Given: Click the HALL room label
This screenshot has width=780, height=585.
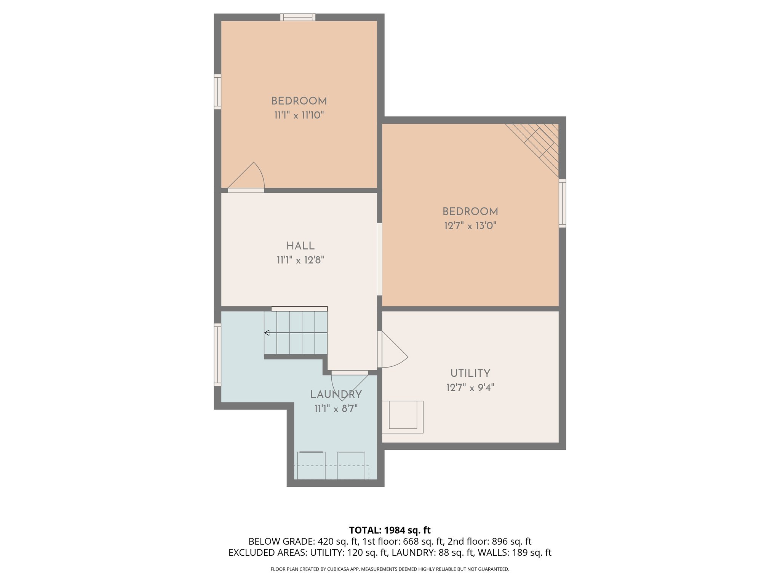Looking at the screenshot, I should coord(300,246).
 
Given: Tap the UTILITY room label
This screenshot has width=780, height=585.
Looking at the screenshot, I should coord(470,373).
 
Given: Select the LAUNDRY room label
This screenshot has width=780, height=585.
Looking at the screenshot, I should coord(336,395).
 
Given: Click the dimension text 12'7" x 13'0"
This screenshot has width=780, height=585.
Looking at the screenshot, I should coord(470,226).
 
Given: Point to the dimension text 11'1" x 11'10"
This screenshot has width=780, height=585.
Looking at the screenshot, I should coord(299,115).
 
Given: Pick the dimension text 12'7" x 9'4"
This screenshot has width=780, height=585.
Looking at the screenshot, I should coord(470,388).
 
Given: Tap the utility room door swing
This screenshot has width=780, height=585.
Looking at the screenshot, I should coord(394,350).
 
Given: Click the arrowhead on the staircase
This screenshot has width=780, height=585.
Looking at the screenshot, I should coord(267,333).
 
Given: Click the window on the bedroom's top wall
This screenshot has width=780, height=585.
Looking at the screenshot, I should coord(298,17).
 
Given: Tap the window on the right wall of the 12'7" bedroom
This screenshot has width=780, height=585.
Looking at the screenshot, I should coord(562,203).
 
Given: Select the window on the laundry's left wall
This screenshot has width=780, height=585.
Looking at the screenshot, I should coord(217,355).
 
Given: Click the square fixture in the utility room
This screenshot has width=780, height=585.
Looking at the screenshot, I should coord(403,416).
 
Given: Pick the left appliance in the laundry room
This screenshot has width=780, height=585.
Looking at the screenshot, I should coord(311,465).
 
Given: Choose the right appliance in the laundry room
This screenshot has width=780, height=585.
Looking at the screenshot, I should coord(351,465).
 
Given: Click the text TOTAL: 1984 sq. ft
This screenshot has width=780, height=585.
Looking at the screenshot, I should coord(390,530).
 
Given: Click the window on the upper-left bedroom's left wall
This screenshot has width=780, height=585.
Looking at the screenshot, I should coord(217,92).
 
